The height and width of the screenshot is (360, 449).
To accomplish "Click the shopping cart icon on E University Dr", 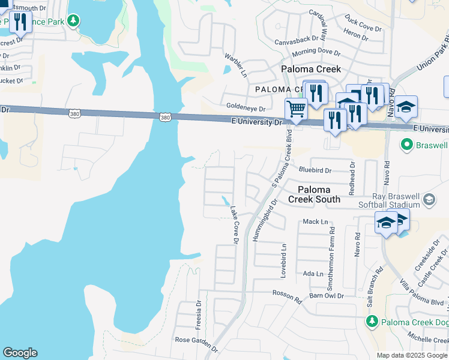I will click(295, 109).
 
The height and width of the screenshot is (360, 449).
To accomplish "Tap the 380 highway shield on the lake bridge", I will click(165, 117).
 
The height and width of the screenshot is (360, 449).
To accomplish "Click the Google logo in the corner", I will click(20, 353).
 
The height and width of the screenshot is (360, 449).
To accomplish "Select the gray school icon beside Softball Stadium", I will click(429, 199).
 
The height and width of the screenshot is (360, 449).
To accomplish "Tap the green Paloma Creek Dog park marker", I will click(372, 322).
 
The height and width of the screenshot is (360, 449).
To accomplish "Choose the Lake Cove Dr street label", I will click(235, 225).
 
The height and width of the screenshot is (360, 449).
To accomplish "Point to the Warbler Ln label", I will click(236, 65).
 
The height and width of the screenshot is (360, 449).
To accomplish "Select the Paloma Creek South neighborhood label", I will click(314, 194).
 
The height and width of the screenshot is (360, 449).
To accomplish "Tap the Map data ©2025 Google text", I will click(411, 355).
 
